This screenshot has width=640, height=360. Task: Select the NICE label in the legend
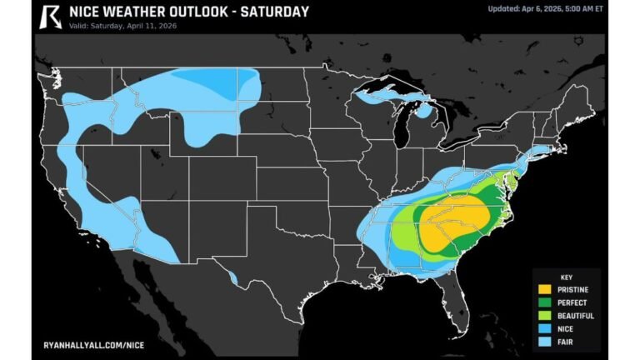coord(567,328)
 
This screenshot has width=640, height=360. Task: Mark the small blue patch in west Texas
coord(232,276)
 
